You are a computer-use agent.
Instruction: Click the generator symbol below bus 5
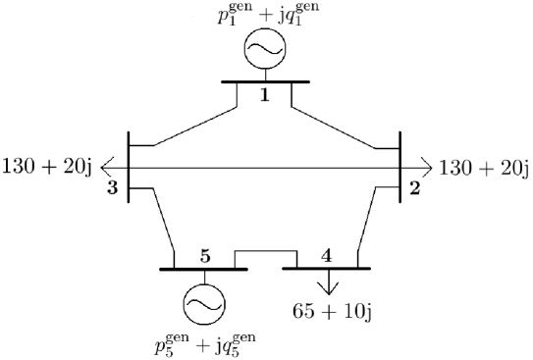pos(204,303)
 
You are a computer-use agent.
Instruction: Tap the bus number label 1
pos(265,95)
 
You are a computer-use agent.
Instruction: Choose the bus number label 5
pos(204,256)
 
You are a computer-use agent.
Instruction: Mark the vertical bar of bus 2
pos(400,167)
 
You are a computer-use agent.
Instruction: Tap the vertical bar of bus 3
pos(128,167)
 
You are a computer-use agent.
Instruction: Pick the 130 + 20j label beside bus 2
pos(483,167)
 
